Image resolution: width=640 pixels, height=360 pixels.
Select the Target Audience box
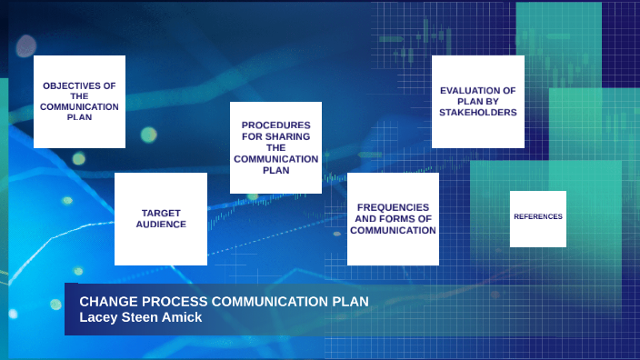point(161,219)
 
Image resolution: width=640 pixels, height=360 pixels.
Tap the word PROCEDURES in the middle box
point(275,125)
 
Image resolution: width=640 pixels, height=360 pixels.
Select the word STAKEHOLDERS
point(477,113)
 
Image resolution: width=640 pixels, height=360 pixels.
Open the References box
point(538,217)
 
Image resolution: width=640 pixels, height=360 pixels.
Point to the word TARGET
point(161,213)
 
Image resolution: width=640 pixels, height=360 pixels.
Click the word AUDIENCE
point(161,224)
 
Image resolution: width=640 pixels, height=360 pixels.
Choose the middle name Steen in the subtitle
point(143,316)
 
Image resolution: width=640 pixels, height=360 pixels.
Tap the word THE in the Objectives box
point(79,95)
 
